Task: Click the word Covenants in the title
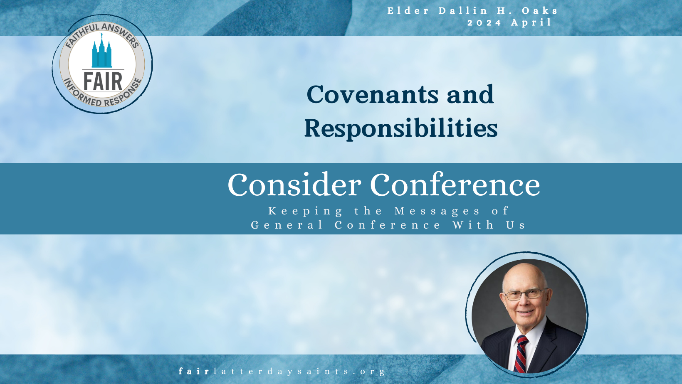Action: [x=372, y=94]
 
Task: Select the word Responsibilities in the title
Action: [x=401, y=128]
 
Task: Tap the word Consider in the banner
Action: [x=294, y=185]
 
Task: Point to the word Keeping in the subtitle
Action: [x=306, y=211]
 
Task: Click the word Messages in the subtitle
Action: [x=437, y=211]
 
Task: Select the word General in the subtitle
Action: [x=287, y=225]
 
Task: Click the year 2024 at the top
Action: [x=484, y=23]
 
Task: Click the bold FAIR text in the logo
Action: [x=103, y=81]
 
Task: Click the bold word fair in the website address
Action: [x=194, y=371]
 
